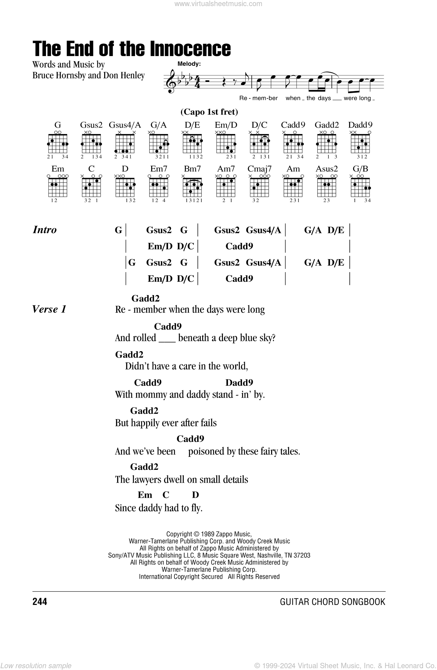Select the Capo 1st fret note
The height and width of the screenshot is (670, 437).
209,112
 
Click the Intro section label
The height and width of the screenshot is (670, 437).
45,230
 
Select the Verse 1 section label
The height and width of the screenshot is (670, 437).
49,309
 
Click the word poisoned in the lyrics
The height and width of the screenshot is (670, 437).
206,451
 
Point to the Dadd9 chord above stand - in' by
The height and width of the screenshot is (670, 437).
239,382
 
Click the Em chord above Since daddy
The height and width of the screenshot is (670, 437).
145,495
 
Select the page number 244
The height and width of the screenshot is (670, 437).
39,602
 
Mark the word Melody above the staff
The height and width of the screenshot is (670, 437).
189,64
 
